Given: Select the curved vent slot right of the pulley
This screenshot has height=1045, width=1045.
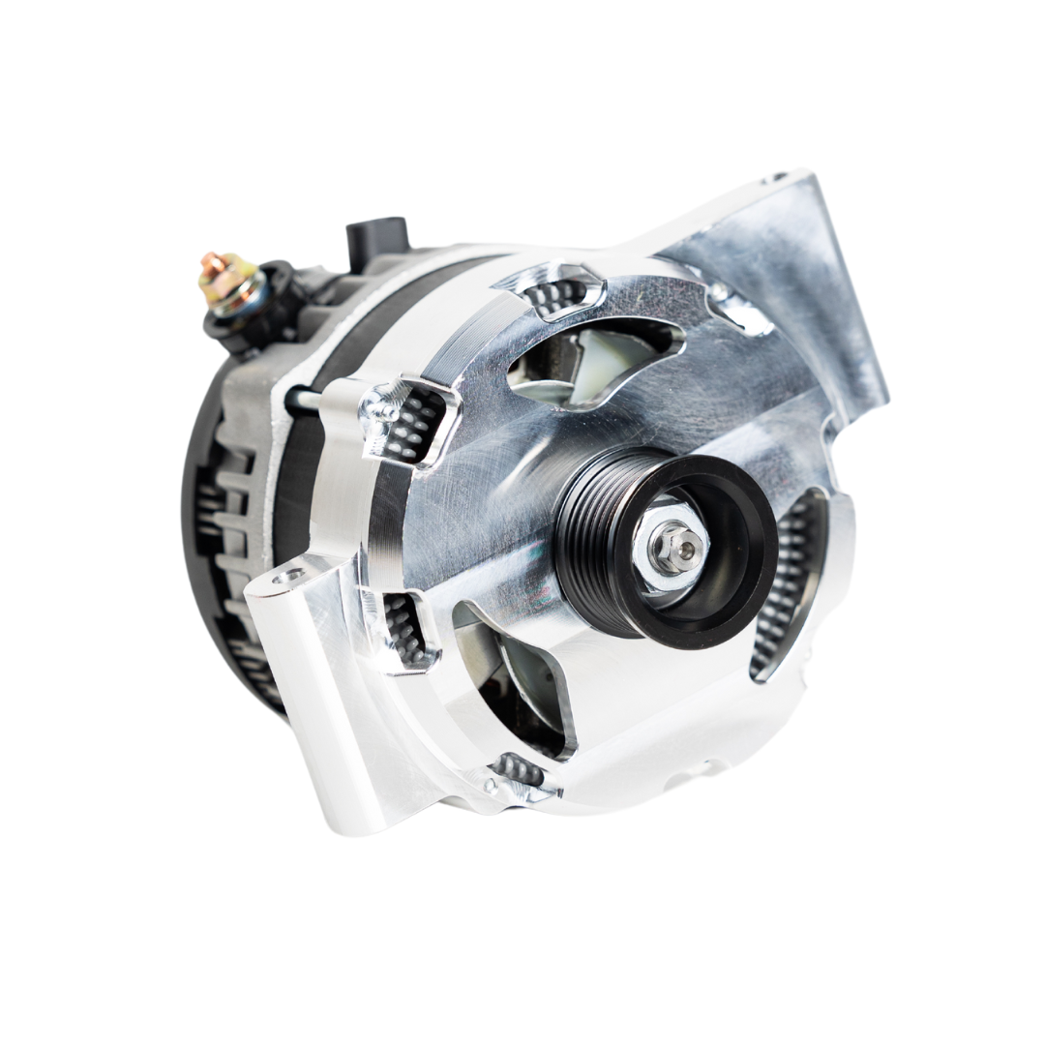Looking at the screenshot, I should tap(789, 590).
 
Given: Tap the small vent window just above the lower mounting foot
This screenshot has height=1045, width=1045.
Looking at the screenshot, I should tap(406, 629).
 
